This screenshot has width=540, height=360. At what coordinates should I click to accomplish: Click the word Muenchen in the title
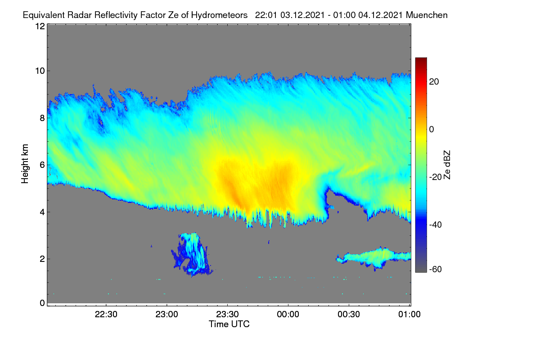point(427,15)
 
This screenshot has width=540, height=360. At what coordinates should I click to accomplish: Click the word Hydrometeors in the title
point(219,15)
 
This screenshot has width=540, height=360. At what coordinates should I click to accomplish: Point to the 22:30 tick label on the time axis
point(106,314)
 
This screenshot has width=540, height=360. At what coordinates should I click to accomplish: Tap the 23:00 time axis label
point(166,314)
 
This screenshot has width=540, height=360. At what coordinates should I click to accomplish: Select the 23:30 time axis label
point(227,314)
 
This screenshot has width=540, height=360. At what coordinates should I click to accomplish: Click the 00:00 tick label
point(288,314)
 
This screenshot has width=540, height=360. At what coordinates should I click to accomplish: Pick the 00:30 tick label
point(349,314)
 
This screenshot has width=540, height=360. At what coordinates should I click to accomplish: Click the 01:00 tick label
point(409,314)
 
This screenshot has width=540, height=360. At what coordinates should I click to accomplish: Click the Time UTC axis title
point(229,324)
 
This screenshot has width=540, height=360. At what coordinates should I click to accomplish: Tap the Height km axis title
point(25,164)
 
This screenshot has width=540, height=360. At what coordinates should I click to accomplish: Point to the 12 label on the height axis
point(40,26)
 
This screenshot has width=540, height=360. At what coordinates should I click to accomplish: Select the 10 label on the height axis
point(40,71)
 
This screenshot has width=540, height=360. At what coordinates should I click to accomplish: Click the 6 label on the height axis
point(42,165)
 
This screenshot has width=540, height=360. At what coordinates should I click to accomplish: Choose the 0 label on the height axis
point(42,303)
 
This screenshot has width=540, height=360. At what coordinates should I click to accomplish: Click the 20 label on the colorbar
point(434,82)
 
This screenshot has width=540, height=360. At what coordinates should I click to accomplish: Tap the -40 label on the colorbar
point(436,225)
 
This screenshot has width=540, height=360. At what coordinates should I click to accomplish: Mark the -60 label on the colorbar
point(436,270)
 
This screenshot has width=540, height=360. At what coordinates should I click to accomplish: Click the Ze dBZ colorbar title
point(447,165)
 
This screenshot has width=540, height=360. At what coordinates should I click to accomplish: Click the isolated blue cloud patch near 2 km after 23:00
point(192,254)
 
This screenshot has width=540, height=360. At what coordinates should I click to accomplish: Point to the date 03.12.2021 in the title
point(302,15)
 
